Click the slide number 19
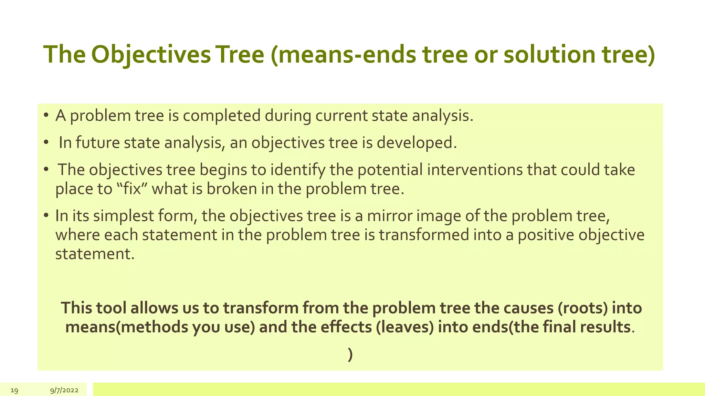coord(14,390)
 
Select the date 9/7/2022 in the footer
coord(64,390)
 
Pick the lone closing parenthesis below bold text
coord(350,355)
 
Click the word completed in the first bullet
coord(222,116)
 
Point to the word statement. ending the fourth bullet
coord(95,254)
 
